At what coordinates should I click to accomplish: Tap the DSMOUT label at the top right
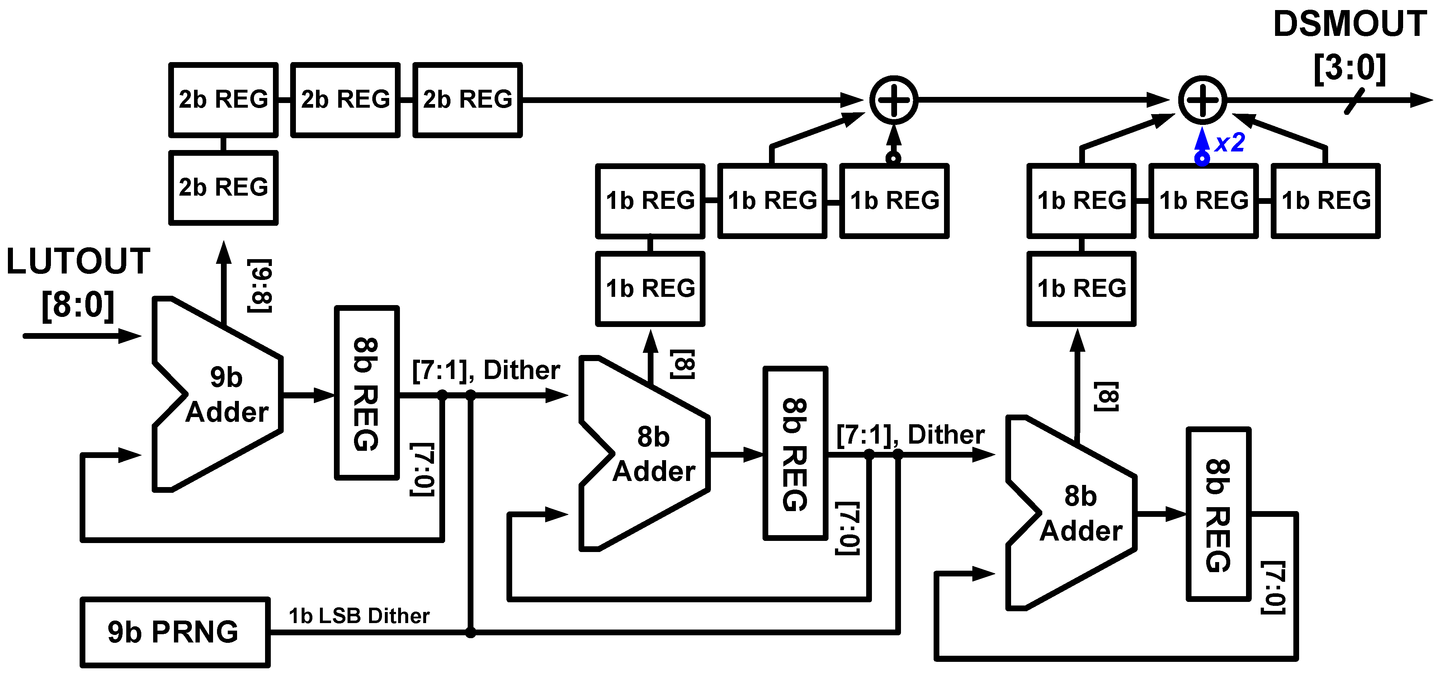tap(1349, 25)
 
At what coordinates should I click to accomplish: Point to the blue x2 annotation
tap(1230, 142)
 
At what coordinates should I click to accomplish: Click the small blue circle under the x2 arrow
tap(1202, 159)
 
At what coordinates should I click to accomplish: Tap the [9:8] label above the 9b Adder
tap(260, 286)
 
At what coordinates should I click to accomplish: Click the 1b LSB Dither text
tap(359, 616)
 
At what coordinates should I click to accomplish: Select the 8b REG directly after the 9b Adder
tap(367, 393)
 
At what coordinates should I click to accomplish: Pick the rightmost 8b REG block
tap(1218, 514)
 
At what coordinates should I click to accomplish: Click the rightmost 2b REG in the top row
tap(467, 100)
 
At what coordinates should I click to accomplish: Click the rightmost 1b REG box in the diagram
tap(1325, 201)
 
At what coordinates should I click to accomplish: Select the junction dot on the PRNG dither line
tap(470, 632)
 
